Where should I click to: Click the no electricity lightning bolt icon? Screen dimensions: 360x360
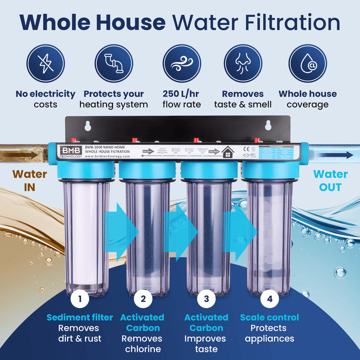point(45,64)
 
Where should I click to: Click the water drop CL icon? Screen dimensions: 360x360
point(307,64)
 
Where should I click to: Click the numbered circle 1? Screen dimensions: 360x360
point(80,298)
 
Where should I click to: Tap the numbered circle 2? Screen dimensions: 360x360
point(143,298)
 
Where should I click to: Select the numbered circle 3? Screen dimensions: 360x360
point(207,298)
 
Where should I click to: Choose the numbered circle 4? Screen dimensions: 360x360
point(270,298)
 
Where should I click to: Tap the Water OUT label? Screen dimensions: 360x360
point(330,180)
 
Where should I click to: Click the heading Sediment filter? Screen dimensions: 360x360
point(80,318)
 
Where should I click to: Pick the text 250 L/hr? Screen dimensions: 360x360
point(180,94)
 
